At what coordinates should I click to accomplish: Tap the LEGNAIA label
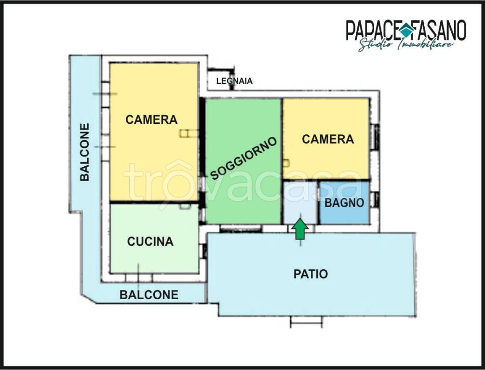[x=234, y=81]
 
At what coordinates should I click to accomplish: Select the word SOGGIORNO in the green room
[x=243, y=158]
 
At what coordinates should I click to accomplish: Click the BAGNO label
[x=344, y=203]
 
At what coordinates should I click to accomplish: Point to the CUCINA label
[x=150, y=241]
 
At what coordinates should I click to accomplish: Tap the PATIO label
[x=310, y=274]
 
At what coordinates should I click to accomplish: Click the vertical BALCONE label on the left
[x=84, y=152]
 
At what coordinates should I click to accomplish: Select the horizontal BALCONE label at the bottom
[x=149, y=294]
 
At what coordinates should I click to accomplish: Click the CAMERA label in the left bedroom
[x=151, y=119]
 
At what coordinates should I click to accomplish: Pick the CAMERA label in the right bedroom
[x=328, y=139]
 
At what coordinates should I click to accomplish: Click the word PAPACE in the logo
[x=372, y=30]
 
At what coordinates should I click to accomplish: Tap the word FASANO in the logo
[x=438, y=30]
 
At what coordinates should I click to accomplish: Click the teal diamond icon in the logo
[x=404, y=30]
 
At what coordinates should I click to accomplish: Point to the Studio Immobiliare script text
[x=406, y=45]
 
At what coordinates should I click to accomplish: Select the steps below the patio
[x=306, y=321]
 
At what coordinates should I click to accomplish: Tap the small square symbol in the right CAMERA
[x=286, y=163]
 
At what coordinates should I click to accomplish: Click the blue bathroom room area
[x=344, y=202]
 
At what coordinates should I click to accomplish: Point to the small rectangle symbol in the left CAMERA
[x=189, y=133]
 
